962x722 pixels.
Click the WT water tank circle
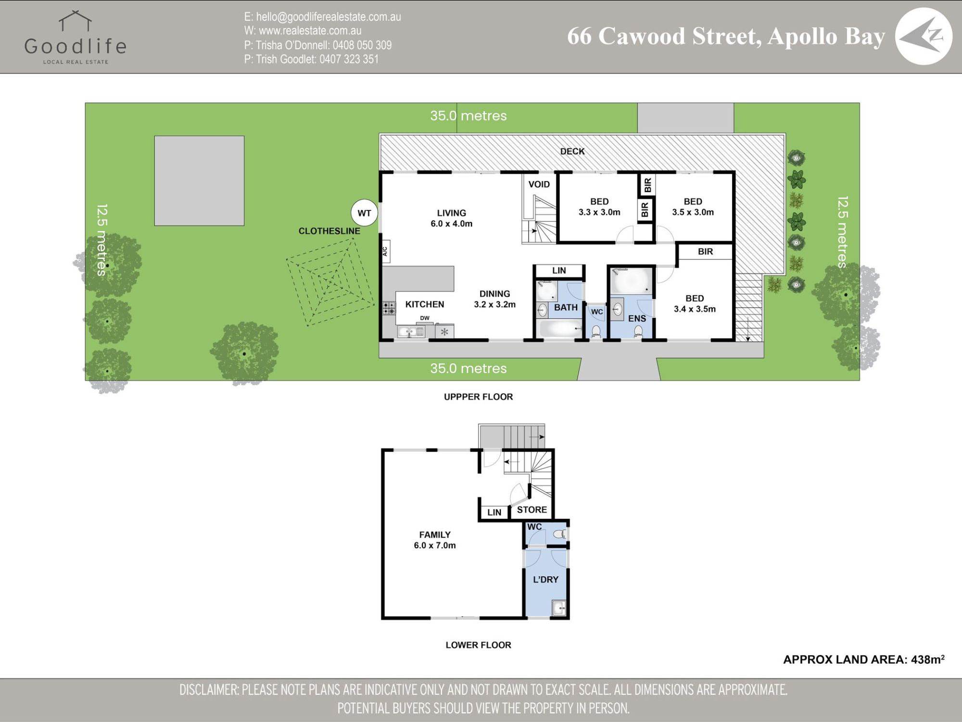365,213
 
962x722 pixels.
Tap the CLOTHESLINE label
329,231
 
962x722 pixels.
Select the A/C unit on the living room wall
385,251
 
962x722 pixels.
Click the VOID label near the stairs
539,184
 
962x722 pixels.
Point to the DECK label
572,151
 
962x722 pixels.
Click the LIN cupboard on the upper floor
559,271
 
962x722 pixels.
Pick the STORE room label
532,510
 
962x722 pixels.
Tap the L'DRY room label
545,580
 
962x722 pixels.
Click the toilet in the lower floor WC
559,534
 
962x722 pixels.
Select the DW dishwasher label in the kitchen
425,318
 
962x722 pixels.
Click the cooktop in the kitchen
389,308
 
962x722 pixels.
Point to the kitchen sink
411,332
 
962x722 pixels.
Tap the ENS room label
637,319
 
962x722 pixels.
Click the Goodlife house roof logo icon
76,21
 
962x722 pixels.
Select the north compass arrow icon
924,37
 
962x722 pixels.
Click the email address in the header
322,17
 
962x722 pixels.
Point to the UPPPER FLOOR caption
478,397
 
